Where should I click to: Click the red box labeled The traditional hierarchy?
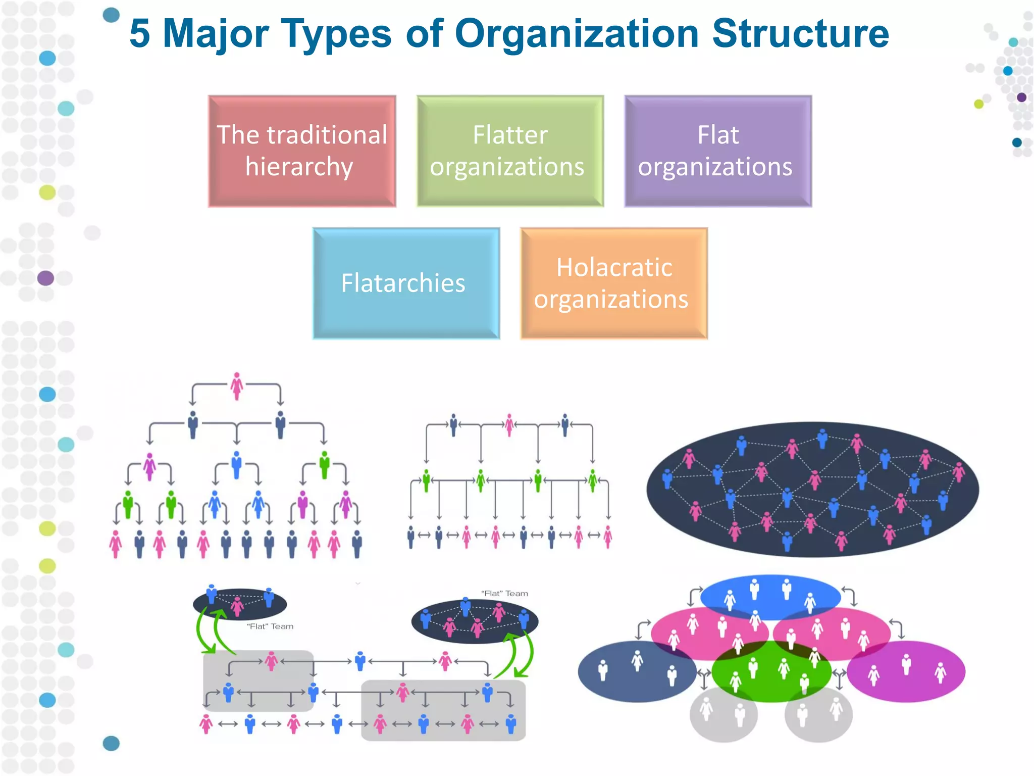pos(302,151)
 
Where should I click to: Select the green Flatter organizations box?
pos(510,151)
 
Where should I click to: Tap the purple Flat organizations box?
pos(718,151)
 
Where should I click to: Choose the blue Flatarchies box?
pos(406,283)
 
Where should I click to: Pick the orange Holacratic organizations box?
pos(614,283)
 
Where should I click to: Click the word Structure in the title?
pos(800,33)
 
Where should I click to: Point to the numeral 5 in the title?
pos(140,33)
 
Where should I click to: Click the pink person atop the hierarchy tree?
pos(237,385)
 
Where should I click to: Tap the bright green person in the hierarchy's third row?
pos(324,464)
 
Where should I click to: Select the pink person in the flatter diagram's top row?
pos(509,424)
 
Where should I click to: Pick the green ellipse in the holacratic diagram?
pos(771,672)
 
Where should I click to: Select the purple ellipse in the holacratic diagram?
pos(906,672)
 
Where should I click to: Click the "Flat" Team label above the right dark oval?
pos(504,594)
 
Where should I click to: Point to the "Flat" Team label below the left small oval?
pos(270,626)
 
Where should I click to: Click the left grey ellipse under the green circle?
pos(723,715)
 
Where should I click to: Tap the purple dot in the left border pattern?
pos(45,278)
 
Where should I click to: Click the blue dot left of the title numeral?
pos(111,15)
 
